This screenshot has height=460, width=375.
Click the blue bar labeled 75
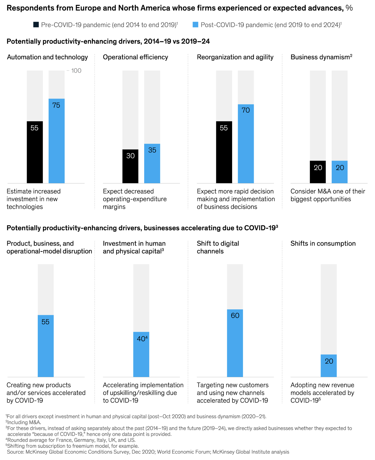pos(57,141)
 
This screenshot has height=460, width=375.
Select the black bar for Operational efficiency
pos(130,166)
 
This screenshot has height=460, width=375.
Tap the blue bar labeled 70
pos(246,144)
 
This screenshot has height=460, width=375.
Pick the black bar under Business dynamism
pos(318,172)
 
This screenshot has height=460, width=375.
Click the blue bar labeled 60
pos(235,343)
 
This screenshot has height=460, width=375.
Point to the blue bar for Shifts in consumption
pos(329,366)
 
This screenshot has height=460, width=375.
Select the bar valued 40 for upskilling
pos(141,354)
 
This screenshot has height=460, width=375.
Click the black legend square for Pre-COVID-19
pos(36,25)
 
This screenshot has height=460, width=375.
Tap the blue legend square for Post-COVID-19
pos(196,25)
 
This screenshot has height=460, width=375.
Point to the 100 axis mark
pos(76,71)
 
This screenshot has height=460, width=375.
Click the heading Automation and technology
pos(47,57)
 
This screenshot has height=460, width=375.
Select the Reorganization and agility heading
pos(235,57)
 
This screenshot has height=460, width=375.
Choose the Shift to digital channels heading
pos(218,247)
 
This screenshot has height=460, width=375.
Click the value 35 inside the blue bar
pos(152,150)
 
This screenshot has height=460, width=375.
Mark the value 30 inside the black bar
pos(130,156)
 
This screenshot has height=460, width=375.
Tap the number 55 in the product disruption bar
pos(45,322)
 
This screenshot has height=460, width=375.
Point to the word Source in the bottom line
pos(16,452)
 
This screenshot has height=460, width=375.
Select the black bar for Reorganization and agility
pos(224,152)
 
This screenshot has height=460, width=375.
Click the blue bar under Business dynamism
pos(339,172)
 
